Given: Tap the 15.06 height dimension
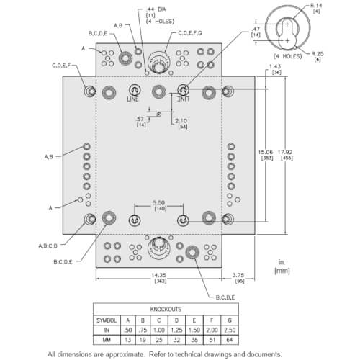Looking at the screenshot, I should [x=267, y=153].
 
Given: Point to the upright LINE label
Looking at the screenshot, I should [x=133, y=99].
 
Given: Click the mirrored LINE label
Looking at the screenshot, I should [x=184, y=99].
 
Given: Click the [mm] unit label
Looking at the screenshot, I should [x=283, y=271].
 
